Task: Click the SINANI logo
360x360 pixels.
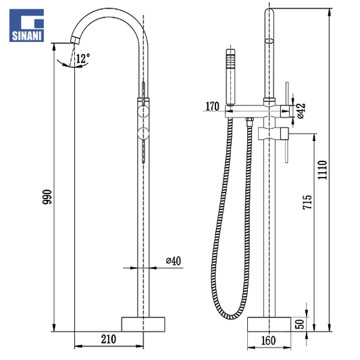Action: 26,25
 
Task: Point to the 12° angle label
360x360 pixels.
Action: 83,58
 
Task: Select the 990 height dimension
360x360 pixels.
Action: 47,197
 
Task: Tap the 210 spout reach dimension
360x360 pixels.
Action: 108,339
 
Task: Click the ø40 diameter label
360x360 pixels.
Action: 174,261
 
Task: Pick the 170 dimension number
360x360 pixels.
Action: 212,106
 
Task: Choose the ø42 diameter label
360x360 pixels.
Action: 301,111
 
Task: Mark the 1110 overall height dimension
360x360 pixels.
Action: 322,170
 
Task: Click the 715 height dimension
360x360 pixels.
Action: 307,202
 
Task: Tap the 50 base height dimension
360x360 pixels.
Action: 299,324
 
